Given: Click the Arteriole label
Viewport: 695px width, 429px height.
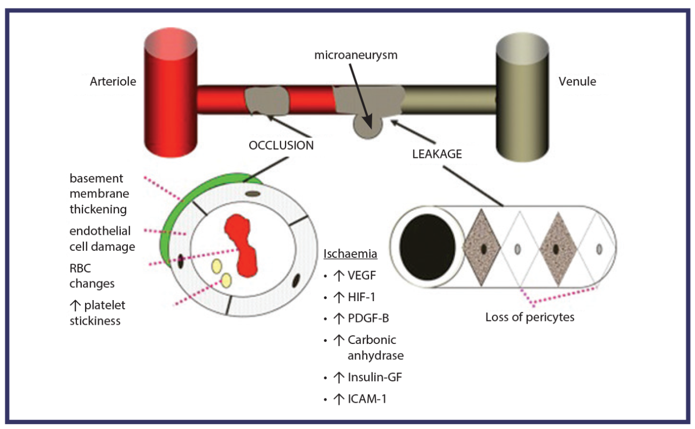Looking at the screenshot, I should pos(113,82).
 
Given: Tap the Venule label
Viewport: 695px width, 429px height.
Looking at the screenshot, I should pos(577,82).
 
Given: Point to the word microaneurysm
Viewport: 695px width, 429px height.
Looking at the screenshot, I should pos(356,55).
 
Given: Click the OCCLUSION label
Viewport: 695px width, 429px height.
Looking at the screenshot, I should pos(281,145).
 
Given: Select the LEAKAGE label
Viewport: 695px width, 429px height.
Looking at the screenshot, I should pos(437,154).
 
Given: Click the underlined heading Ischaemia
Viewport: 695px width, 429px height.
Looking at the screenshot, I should pos(343,254).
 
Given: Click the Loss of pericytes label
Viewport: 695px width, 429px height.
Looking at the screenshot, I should pos(529,317).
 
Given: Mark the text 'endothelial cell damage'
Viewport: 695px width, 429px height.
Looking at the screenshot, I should pos(102,239).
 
